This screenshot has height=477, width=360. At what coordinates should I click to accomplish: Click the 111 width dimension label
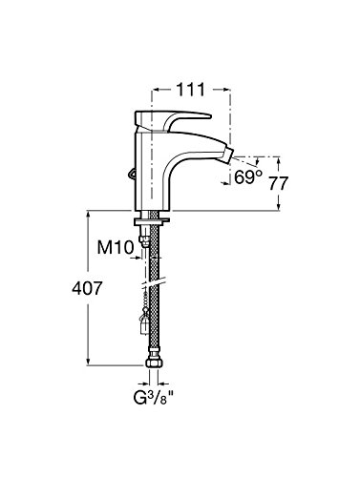point(190,90)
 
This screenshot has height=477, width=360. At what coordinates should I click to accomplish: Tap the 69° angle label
point(248,176)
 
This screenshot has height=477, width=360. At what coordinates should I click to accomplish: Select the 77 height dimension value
point(279,183)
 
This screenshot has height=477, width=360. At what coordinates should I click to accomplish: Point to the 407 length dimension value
point(87,288)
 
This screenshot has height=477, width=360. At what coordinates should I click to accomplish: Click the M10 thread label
point(115,247)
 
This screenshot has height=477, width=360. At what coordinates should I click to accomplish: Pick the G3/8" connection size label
point(154,399)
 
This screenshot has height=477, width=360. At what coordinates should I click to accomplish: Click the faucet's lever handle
point(172,120)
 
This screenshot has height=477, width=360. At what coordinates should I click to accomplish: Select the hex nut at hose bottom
point(154,363)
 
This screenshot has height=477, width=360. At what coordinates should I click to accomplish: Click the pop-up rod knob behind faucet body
point(132,174)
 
